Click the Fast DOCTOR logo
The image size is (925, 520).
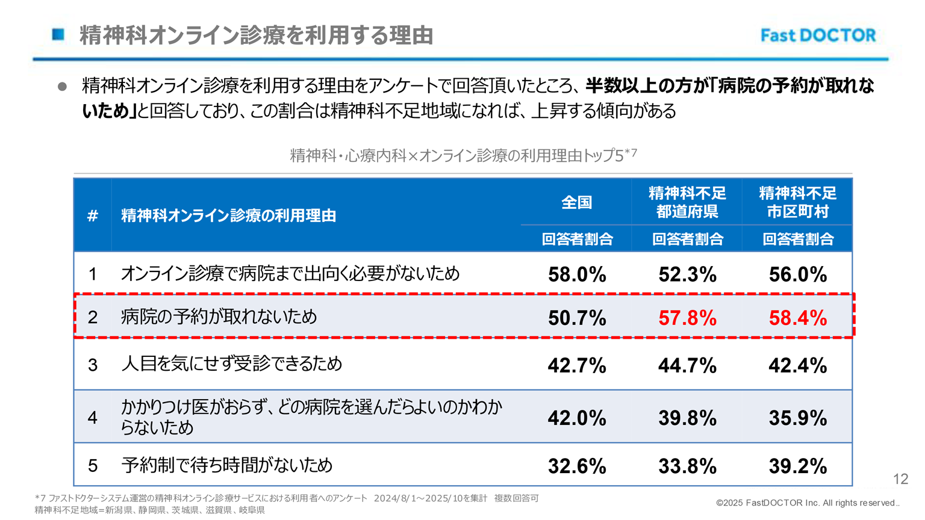pos(818,36)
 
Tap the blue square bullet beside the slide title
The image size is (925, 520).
pos(58,34)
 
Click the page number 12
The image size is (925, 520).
pos(900,479)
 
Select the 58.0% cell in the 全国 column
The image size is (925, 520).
pos(577,274)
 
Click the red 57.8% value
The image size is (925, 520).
pos(687,318)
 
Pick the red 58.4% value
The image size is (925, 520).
pos(797,318)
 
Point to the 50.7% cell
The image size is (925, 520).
pos(577,318)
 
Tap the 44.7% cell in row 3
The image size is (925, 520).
pos(687,365)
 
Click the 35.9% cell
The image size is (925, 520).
pos(797,418)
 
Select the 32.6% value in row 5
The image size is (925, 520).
pos(577,466)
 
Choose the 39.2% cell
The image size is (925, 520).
pos(797,466)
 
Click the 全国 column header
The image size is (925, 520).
pos(577,203)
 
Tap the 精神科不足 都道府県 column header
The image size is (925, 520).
pos(687,203)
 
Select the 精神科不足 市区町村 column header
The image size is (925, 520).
pos(797,203)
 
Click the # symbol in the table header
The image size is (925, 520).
pos(93,215)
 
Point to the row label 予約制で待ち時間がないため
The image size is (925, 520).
pos(226,465)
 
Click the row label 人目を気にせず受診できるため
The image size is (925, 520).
pos(231,364)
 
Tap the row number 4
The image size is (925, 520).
pos(93,418)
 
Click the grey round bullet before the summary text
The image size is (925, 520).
pos(62,87)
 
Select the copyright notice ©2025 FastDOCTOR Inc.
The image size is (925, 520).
pos(807,503)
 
